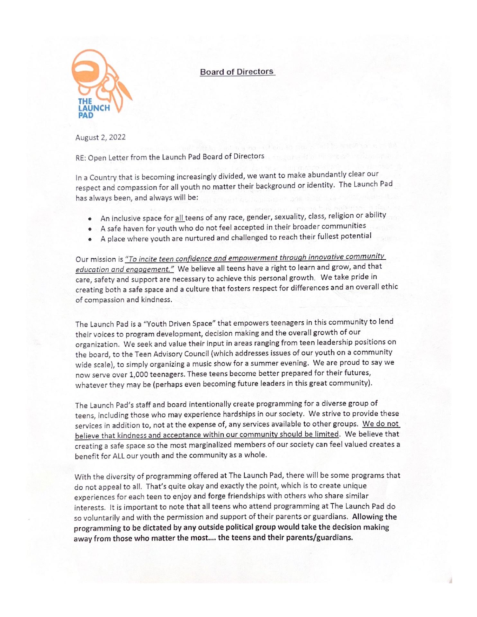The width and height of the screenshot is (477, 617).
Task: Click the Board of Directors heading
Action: (237, 72)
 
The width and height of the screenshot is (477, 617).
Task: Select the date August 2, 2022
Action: (100, 138)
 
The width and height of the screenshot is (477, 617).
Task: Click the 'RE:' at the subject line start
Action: (80, 158)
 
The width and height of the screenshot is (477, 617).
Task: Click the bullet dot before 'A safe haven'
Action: (90, 229)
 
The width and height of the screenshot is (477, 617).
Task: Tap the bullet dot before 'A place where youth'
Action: (90, 239)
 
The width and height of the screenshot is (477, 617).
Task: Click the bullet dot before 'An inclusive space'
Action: (90, 219)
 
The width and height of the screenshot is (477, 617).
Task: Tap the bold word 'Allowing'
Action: (366, 517)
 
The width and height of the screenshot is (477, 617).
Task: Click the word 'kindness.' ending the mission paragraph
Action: (156, 300)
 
